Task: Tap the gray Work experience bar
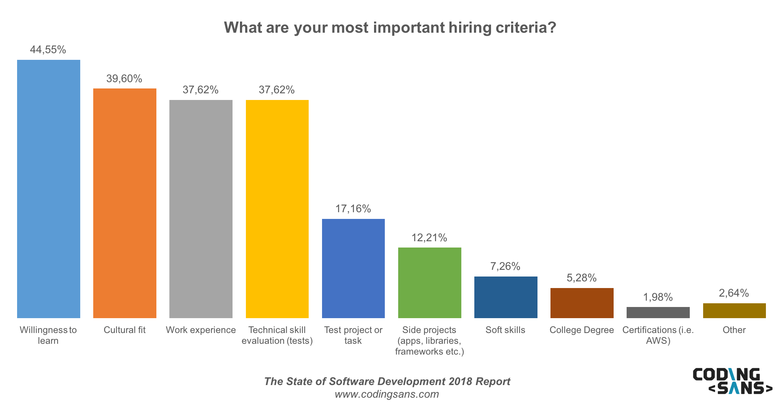click(x=201, y=209)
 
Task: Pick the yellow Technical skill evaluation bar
click(x=277, y=209)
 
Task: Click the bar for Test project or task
click(x=353, y=268)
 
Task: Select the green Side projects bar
click(x=430, y=282)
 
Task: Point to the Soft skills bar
click(x=506, y=297)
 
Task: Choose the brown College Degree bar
click(x=582, y=303)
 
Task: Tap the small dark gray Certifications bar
click(x=658, y=313)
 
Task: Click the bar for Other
click(x=734, y=311)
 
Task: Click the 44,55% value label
click(x=48, y=50)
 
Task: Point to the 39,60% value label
click(x=124, y=79)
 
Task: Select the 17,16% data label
click(x=353, y=209)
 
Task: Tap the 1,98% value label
click(x=658, y=297)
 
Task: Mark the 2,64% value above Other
click(x=734, y=293)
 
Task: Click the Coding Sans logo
click(x=732, y=381)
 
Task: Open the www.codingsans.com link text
click(x=387, y=394)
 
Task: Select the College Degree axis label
click(x=582, y=330)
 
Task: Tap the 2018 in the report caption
click(x=460, y=382)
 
